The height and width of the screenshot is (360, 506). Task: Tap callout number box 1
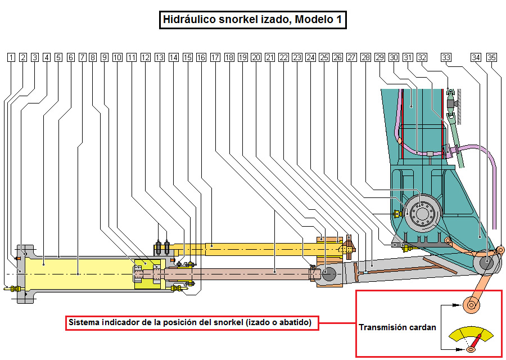[11, 57]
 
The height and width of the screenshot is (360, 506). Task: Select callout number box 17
[215, 57]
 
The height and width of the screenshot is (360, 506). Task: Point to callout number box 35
[492, 57]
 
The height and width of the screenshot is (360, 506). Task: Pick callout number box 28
[366, 57]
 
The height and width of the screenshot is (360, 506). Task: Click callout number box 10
[117, 57]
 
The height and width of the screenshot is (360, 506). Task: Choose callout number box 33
[446, 57]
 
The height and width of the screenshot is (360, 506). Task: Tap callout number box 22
[283, 57]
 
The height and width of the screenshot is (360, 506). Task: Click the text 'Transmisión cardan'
[397, 327]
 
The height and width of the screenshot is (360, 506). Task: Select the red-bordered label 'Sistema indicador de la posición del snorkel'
[192, 323]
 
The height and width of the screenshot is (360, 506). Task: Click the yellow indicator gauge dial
[471, 336]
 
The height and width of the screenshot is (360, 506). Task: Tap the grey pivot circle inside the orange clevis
[328, 274]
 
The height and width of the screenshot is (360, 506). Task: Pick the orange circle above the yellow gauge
[471, 305]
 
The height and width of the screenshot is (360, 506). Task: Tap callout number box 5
[58, 57]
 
